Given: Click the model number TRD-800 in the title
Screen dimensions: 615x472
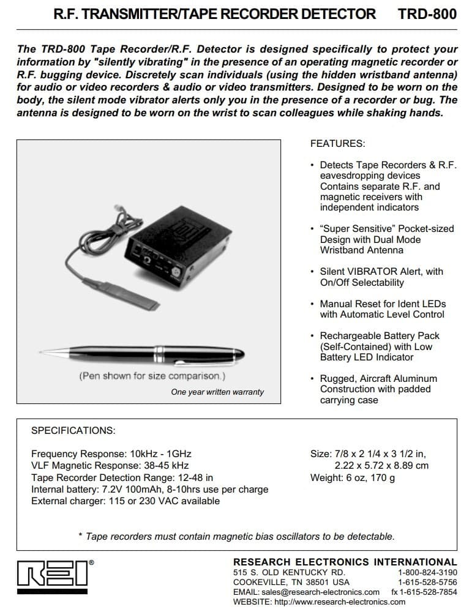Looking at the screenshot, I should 427,13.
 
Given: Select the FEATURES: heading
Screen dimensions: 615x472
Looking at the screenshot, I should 337,144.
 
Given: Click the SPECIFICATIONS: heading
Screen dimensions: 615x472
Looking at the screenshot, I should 73,430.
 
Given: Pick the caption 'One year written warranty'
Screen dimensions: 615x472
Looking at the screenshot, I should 217,392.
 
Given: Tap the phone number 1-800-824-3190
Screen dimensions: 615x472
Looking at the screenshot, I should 427,572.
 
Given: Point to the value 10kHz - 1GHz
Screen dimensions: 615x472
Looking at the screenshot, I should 160,454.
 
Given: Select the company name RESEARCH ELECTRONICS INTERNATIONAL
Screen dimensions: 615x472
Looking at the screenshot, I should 345,562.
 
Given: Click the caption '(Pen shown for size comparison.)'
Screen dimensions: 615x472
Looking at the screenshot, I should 152,376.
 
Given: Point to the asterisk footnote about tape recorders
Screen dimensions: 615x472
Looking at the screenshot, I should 236,536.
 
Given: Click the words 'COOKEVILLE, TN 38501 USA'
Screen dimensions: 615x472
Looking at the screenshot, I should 291,582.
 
